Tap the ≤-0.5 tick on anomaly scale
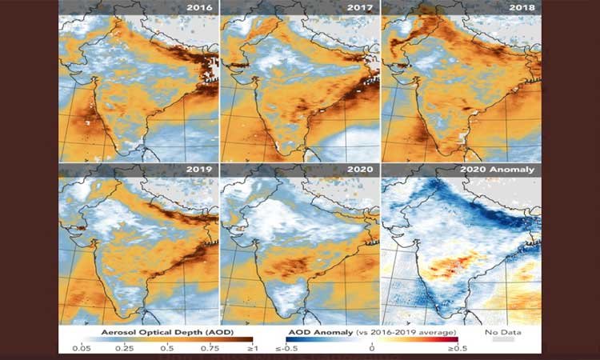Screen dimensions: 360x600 290,348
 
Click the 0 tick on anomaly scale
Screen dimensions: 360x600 372,348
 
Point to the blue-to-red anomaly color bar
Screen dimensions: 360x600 372,339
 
